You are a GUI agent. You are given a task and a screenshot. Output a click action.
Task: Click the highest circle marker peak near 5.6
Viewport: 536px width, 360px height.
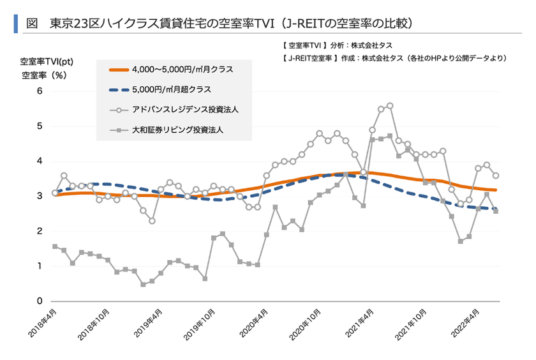pos(390,106)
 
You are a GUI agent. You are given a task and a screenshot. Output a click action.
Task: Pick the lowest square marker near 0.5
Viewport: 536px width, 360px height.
pos(143,284)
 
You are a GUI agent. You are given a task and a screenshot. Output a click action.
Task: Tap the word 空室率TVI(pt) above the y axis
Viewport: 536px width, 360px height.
pos(47,62)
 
